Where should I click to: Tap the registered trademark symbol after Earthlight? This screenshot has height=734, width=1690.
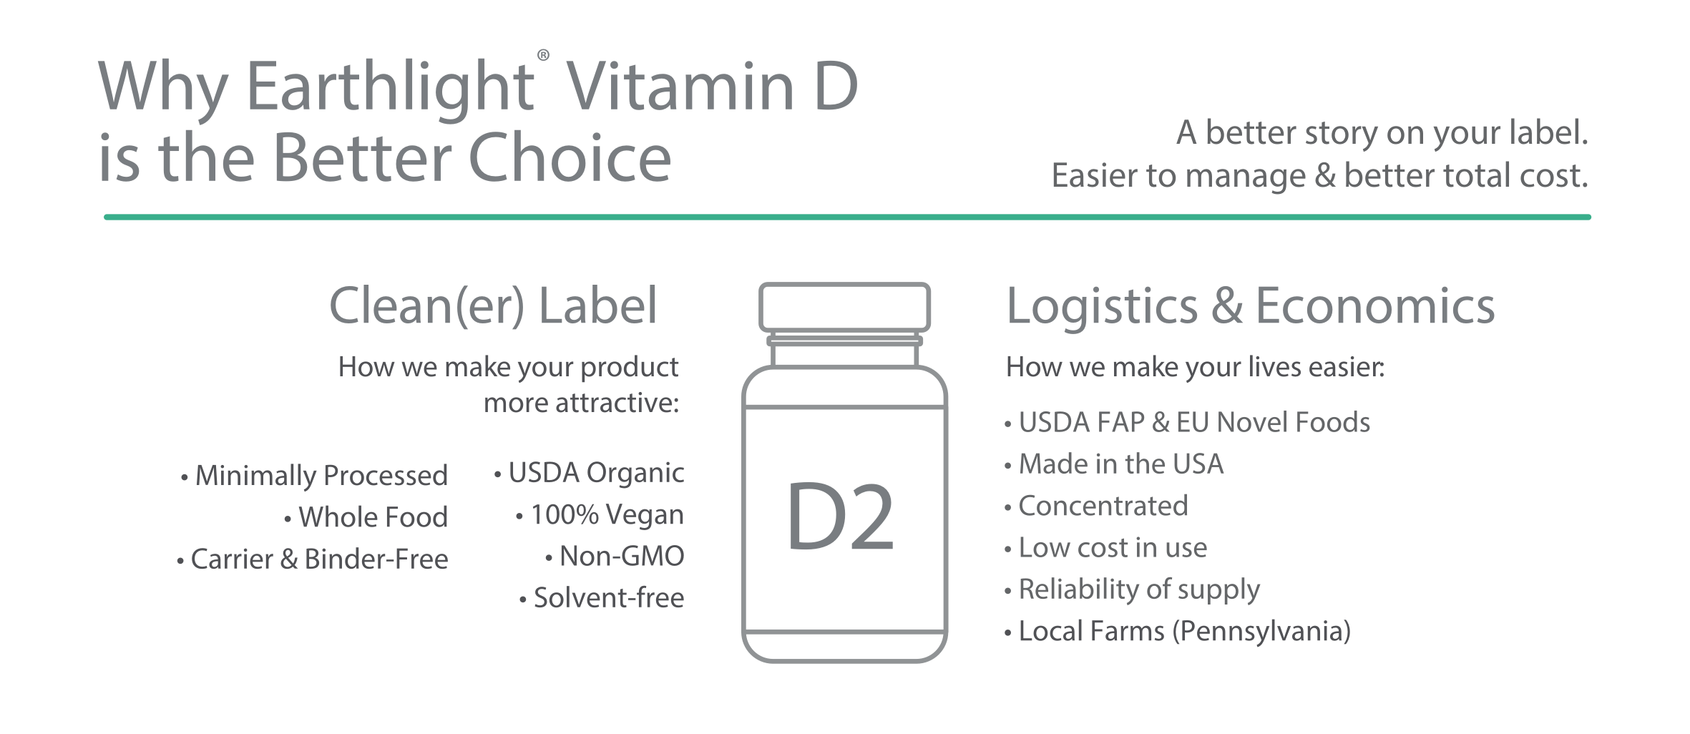pyautogui.click(x=544, y=55)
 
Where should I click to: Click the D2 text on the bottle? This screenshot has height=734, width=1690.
pyautogui.click(x=841, y=517)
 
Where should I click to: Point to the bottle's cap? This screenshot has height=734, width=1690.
pyautogui.click(x=844, y=307)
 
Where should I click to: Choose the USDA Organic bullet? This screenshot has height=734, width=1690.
pyautogui.click(x=589, y=474)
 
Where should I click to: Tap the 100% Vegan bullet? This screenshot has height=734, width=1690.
pyautogui.click(x=600, y=515)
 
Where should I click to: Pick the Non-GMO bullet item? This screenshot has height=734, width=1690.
pyautogui.click(x=615, y=556)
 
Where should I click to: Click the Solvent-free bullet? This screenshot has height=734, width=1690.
pyautogui.click(x=602, y=597)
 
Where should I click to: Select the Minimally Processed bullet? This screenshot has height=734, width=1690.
pyautogui.click(x=314, y=476)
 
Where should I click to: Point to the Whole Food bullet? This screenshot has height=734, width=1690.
pyautogui.click(x=366, y=517)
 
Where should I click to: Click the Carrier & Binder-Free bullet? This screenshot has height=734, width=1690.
pyautogui.click(x=313, y=559)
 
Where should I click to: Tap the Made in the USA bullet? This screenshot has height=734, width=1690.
pyautogui.click(x=1114, y=464)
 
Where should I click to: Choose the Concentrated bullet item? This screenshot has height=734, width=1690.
pyautogui.click(x=1096, y=506)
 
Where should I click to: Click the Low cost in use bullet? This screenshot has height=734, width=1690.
pyautogui.click(x=1105, y=548)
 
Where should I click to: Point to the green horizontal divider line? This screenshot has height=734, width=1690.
pyautogui.click(x=847, y=217)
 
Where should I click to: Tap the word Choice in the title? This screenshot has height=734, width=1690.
pyautogui.click(x=570, y=157)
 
